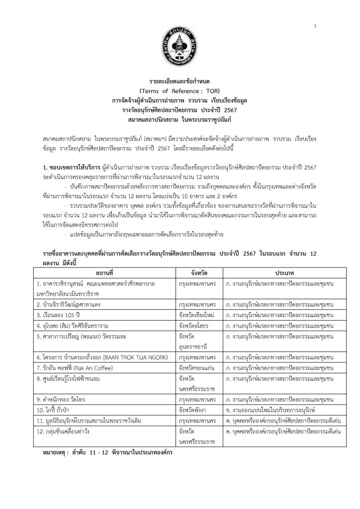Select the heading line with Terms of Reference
[x=180, y=91]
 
